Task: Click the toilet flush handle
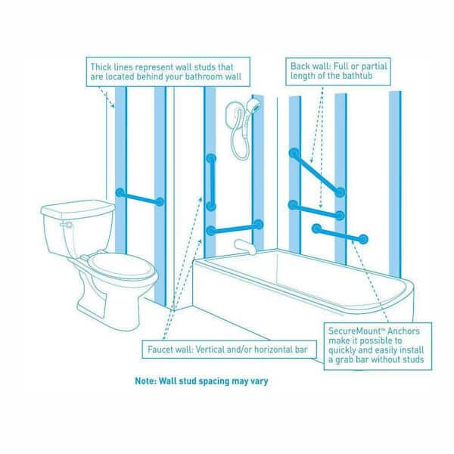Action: [67, 225]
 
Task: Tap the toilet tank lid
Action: [78, 209]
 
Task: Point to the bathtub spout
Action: [245, 246]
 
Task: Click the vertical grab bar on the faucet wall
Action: [211, 182]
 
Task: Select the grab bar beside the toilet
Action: [140, 197]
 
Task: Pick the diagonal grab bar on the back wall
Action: [317, 173]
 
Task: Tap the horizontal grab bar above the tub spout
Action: [235, 228]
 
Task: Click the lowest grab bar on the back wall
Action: [340, 234]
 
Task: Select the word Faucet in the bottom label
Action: [159, 350]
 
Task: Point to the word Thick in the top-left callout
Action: [101, 67]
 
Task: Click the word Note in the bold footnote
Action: [145, 381]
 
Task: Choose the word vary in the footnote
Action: [260, 381]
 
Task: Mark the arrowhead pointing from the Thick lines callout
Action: [113, 105]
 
